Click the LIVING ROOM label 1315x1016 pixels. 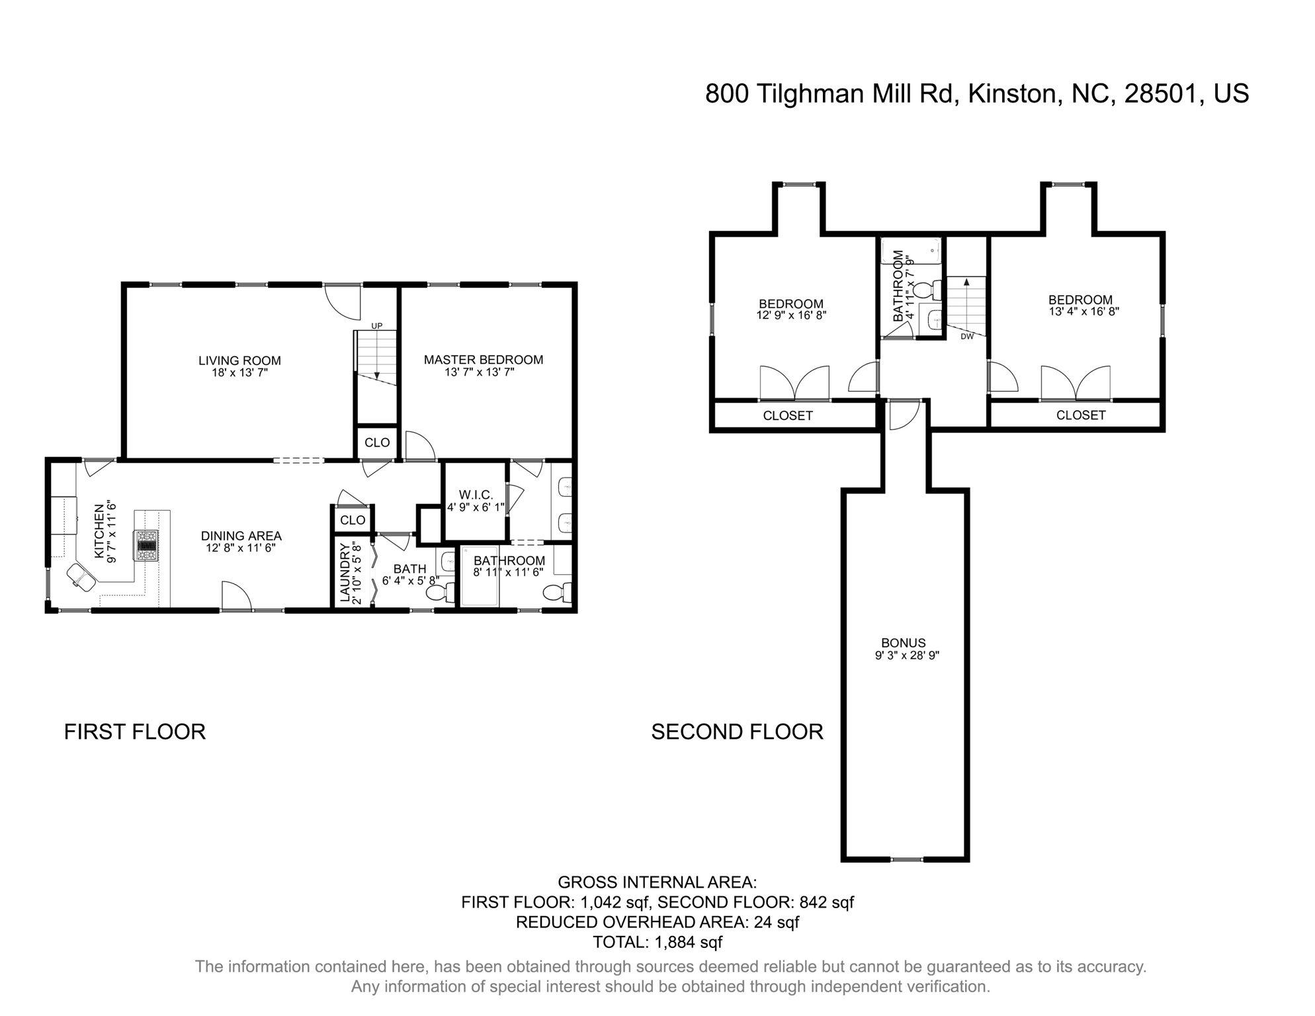(x=239, y=360)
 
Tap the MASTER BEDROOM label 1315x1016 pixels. (x=484, y=360)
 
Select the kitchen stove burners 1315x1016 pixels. (x=147, y=545)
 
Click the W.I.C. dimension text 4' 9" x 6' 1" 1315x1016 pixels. (x=476, y=508)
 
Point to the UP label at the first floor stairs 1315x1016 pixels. (x=376, y=325)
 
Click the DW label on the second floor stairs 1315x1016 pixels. (x=967, y=336)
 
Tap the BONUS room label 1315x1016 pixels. (x=903, y=643)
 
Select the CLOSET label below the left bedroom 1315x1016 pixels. (x=787, y=416)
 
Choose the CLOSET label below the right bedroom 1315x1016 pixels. (x=1081, y=415)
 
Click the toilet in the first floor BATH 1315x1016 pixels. (x=438, y=593)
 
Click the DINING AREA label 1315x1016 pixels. (x=241, y=536)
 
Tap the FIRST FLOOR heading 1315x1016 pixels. (x=135, y=732)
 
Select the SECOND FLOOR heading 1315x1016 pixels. (x=737, y=732)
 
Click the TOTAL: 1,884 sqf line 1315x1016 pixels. (x=657, y=942)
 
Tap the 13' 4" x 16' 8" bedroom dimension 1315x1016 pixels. (x=1083, y=312)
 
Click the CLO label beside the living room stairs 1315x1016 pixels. (x=377, y=443)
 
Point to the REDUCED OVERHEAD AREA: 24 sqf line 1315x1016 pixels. (x=657, y=922)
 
